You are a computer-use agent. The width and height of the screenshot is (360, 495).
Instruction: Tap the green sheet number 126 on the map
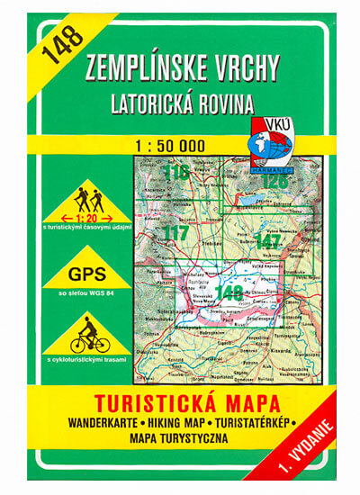(274, 179)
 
